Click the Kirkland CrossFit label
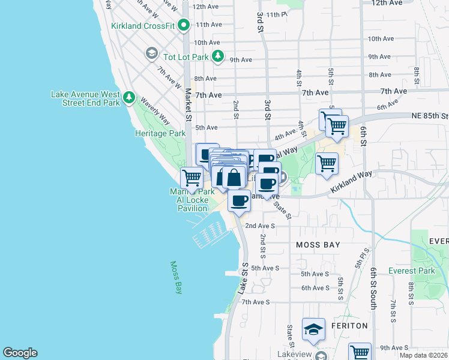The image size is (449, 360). tap(142, 26)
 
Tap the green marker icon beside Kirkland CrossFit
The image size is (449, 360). tap(184, 25)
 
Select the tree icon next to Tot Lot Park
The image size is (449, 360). tap(218, 56)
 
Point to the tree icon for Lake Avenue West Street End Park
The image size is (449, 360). tap(128, 97)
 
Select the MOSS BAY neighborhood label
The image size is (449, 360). tap(318, 245)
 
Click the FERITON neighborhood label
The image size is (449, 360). tap(348, 325)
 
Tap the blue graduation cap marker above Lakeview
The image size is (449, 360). tap(313, 330)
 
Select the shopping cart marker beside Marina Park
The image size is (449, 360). tap(191, 178)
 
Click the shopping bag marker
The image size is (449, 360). tap(233, 178)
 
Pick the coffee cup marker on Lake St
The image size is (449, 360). tap(239, 200)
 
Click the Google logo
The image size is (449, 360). tap(20, 353)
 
